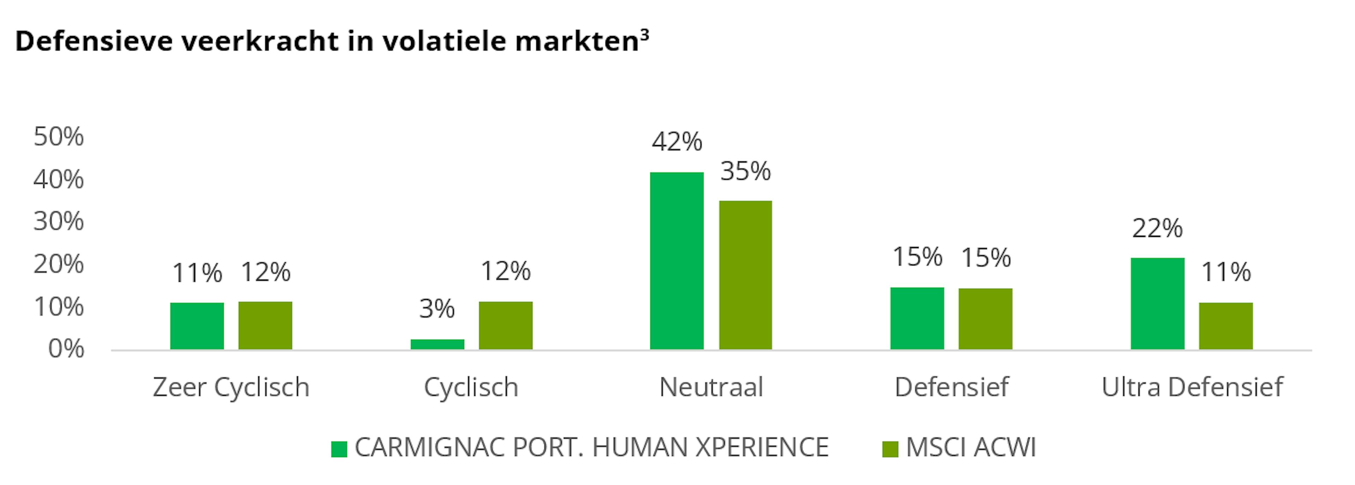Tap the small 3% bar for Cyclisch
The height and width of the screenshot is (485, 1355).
coord(437,344)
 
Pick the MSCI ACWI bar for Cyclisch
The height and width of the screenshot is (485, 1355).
coord(506,325)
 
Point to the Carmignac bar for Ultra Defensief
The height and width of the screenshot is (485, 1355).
coord(1157,304)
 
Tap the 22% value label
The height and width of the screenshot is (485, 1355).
coord(1157,228)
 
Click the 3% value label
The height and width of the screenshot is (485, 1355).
coord(437,309)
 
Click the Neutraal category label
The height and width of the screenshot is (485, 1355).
coord(711,387)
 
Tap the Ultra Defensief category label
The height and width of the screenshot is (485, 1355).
coord(1192,387)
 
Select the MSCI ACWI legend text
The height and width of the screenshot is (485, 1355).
coord(970,448)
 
